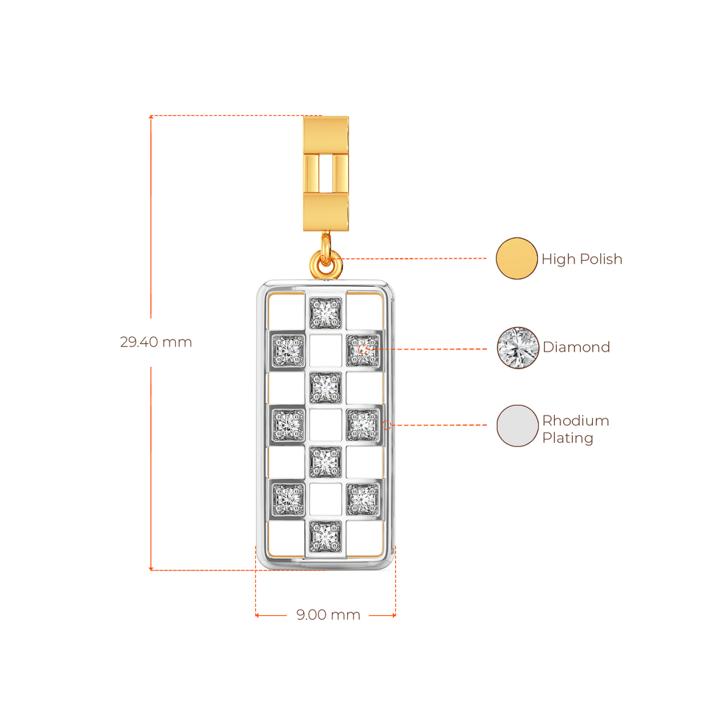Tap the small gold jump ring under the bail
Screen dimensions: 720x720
coord(326,266)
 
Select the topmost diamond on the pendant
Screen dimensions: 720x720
coord(326,312)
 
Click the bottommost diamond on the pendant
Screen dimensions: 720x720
coord(326,537)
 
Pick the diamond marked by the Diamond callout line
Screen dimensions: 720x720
coord(363,348)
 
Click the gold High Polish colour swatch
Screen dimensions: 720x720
coord(517,258)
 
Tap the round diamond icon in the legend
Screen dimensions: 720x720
coord(517,347)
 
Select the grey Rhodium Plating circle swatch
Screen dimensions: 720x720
coord(517,425)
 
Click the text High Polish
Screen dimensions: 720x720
coord(581,259)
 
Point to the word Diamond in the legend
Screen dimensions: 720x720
coord(576,347)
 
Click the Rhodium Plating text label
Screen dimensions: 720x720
coord(575,429)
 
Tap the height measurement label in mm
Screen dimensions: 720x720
coord(156,342)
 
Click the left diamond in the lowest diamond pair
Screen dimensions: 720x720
coord(288,499)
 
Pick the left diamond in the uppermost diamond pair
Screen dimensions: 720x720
coord(288,348)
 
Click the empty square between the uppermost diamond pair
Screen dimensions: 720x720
coord(326,349)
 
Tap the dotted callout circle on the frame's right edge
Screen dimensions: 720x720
coord(387,425)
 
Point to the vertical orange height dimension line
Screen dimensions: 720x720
coord(150,422)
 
